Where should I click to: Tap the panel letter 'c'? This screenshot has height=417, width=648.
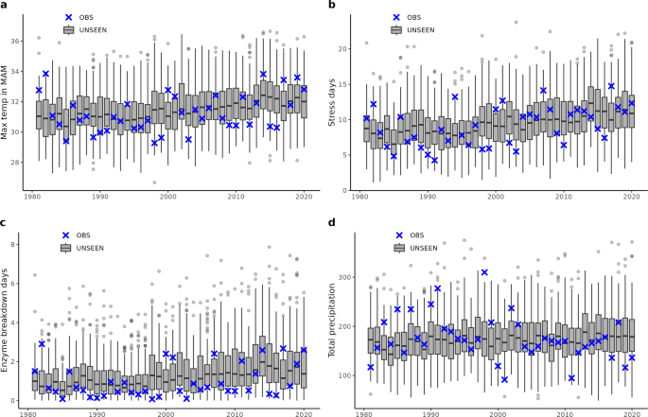[5, 223]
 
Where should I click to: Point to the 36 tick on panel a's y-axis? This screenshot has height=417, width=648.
[19, 42]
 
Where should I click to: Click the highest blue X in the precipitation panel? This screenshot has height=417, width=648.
[484, 272]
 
